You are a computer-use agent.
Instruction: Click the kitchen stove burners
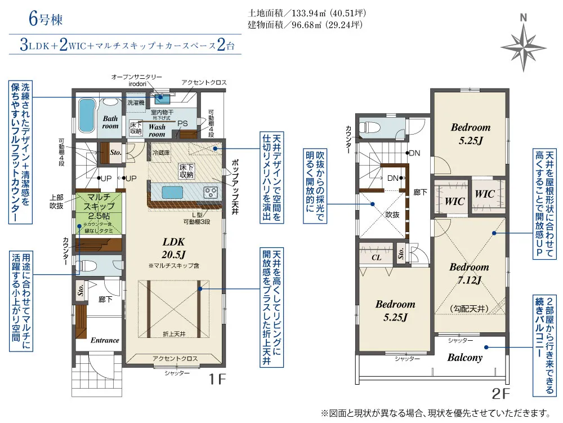(x=211, y=192)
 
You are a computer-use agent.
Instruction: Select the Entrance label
(x=105, y=340)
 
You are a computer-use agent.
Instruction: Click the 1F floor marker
(x=217, y=379)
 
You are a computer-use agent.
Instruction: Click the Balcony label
(x=464, y=357)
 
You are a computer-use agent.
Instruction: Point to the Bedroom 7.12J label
(x=468, y=273)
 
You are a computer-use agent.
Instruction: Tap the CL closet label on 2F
(x=377, y=258)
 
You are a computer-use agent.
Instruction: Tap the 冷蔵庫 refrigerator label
(x=160, y=152)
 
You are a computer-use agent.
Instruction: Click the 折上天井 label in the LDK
(x=173, y=334)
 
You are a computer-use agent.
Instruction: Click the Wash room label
(x=157, y=131)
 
